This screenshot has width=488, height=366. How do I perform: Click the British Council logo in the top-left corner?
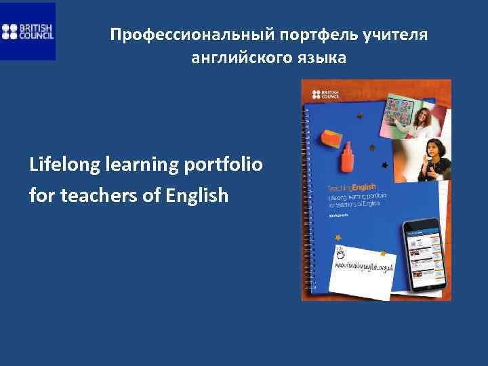click(28, 31)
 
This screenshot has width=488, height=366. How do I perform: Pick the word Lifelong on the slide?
click(60, 165)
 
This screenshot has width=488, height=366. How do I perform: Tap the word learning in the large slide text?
click(138, 165)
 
